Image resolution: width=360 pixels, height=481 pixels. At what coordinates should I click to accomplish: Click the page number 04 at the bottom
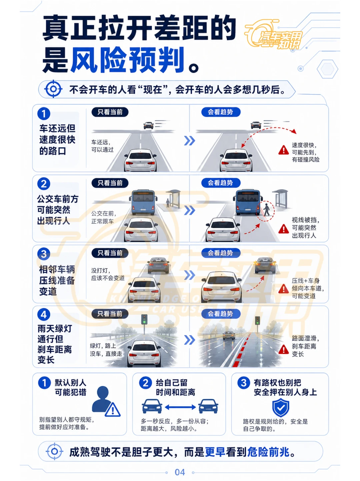180,472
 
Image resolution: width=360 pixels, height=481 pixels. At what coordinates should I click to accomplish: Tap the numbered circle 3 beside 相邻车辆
44,254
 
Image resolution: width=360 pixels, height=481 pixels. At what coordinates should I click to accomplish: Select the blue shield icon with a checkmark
281,407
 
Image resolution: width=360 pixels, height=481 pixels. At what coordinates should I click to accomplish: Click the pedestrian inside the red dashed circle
266,210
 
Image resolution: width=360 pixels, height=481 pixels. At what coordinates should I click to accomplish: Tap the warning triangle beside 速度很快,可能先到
284,150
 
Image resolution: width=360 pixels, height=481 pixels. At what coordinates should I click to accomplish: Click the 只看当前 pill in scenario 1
110,112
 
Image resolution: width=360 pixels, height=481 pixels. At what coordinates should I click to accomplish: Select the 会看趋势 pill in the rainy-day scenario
221,314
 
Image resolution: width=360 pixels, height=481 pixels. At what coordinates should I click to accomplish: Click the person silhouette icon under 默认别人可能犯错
102,399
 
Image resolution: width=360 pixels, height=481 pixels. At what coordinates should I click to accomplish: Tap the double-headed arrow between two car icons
180,407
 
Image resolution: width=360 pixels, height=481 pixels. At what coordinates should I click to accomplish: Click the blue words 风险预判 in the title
127,60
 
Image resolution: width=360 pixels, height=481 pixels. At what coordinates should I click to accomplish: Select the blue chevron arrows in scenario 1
190,141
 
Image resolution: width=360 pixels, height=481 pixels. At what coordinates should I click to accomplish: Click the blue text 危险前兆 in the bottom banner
268,452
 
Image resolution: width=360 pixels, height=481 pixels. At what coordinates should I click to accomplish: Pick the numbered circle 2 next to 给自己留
145,383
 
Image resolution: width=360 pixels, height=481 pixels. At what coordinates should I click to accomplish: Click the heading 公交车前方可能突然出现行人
57,210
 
